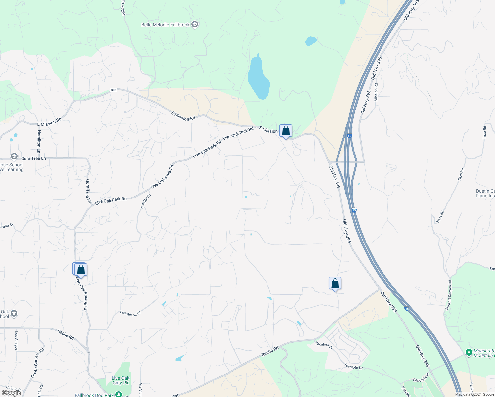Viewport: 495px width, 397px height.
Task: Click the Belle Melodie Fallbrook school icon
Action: (195, 25)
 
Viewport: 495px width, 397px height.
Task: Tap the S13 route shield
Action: (113, 90)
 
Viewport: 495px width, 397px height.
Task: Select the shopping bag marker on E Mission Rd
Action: (286, 131)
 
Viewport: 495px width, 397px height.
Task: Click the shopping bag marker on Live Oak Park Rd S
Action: (81, 270)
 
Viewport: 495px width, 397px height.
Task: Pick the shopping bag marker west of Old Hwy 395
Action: (335, 284)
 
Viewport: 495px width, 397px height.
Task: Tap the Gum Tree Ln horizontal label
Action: (33, 159)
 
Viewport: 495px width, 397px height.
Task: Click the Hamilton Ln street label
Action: (39, 139)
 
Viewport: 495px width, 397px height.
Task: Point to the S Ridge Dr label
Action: (146, 201)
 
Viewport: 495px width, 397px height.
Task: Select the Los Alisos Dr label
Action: (130, 313)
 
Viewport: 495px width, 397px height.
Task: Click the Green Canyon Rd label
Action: (37, 363)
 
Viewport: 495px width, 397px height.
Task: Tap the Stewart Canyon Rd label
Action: (449, 295)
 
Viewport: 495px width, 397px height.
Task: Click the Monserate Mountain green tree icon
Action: (469, 353)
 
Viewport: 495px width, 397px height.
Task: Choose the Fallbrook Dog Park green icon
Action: (119, 394)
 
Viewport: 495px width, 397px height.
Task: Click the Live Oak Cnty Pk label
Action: (121, 380)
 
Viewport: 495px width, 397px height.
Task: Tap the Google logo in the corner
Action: (11, 393)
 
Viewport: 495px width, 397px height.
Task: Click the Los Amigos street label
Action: (16, 341)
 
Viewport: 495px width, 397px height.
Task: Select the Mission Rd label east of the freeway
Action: (376, 92)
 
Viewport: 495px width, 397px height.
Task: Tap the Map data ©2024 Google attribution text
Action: (474, 394)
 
